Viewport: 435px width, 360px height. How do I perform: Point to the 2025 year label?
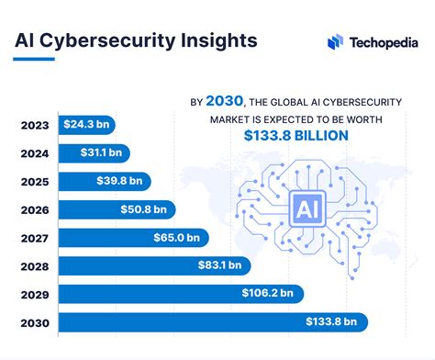[35, 181]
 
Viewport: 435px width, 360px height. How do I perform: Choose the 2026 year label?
[35, 209]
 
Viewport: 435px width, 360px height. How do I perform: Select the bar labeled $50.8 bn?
[146, 209]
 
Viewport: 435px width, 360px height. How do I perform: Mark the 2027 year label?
[35, 238]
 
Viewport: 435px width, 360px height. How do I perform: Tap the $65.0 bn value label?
[179, 238]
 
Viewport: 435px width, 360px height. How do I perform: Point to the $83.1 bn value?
[221, 265]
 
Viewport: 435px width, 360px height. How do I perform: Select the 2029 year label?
[35, 294]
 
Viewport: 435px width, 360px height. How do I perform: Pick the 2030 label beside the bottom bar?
[35, 322]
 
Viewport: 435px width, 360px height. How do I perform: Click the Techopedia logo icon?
[336, 42]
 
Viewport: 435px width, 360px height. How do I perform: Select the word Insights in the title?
[206, 41]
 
